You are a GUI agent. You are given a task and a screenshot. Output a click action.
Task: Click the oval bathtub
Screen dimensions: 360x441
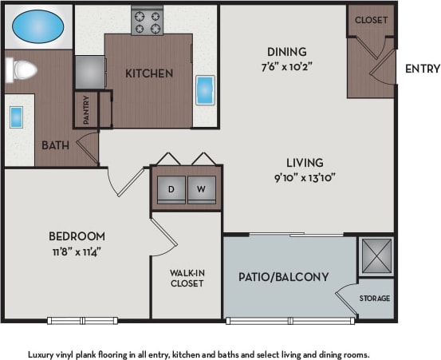38,26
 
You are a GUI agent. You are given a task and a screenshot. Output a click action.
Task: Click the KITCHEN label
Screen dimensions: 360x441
148,73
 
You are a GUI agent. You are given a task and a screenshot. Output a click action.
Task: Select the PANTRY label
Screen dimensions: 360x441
86,110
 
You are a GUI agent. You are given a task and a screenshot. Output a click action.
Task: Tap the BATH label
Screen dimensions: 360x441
56,145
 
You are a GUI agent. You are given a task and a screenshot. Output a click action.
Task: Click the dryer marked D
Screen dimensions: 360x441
171,189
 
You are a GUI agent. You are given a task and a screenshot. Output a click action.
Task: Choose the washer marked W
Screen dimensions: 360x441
201,189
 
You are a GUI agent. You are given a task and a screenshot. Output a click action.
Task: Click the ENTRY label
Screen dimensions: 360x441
422,69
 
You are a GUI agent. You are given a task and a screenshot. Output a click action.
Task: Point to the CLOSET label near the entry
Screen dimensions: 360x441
371,20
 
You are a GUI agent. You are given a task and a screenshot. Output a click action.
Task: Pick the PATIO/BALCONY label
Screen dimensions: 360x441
283,277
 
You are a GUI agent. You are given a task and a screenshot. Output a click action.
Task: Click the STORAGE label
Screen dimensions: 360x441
374,299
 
